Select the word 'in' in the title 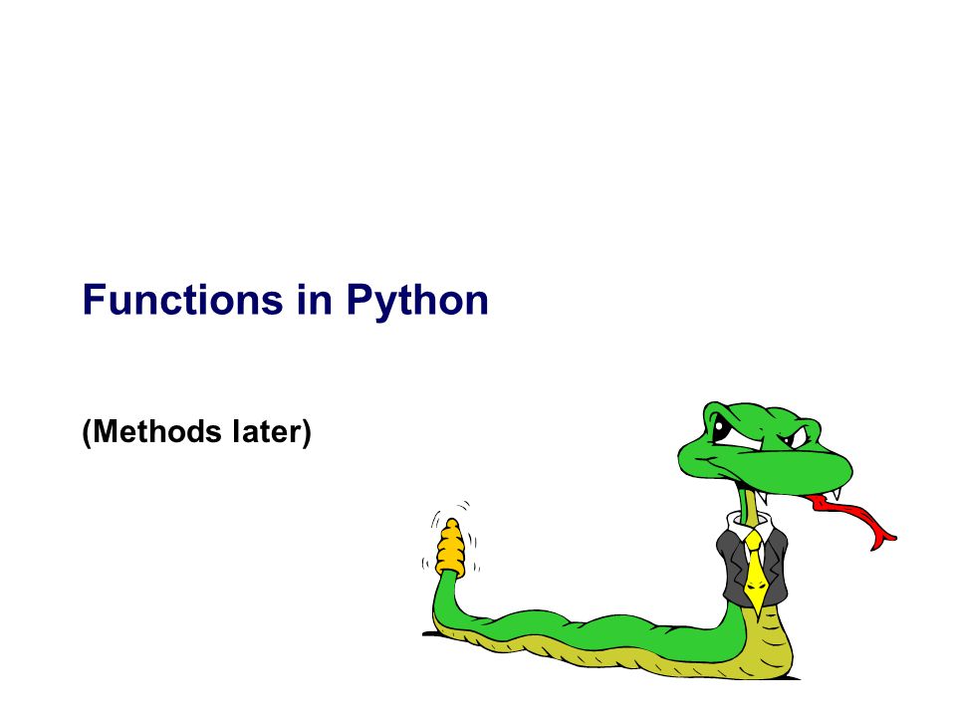tap(315, 300)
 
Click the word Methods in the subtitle tap(157, 431)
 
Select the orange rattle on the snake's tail tap(450, 548)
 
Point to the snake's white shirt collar tap(749, 526)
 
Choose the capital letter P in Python tap(359, 300)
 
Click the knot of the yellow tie tap(754, 540)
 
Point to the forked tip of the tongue tap(884, 543)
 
